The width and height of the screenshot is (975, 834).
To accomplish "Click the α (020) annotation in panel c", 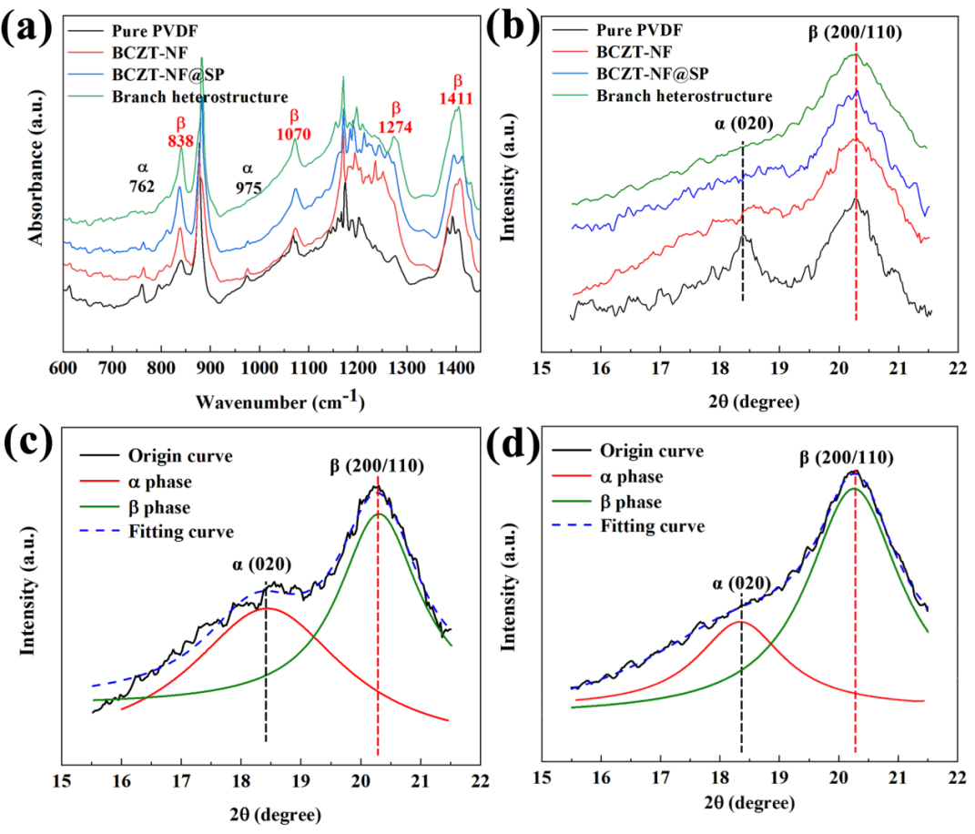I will pos(265,564).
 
